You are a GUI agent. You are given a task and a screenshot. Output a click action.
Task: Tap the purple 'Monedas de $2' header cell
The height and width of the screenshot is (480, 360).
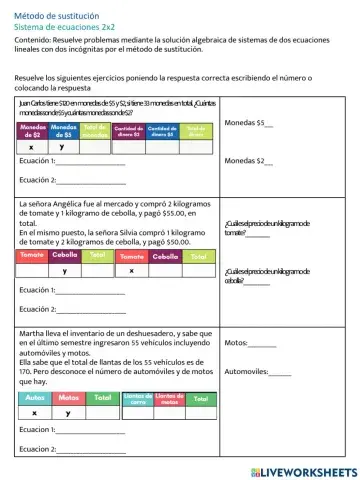point(32,131)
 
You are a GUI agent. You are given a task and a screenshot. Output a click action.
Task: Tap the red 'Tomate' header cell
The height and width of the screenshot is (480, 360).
point(33,256)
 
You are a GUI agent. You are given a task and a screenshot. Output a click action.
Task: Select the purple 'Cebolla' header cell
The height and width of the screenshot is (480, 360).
point(65,256)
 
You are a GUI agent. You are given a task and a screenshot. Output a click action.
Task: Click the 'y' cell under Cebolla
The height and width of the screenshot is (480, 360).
point(65,271)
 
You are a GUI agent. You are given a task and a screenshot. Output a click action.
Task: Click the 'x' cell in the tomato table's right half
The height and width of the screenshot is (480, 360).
point(131,271)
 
